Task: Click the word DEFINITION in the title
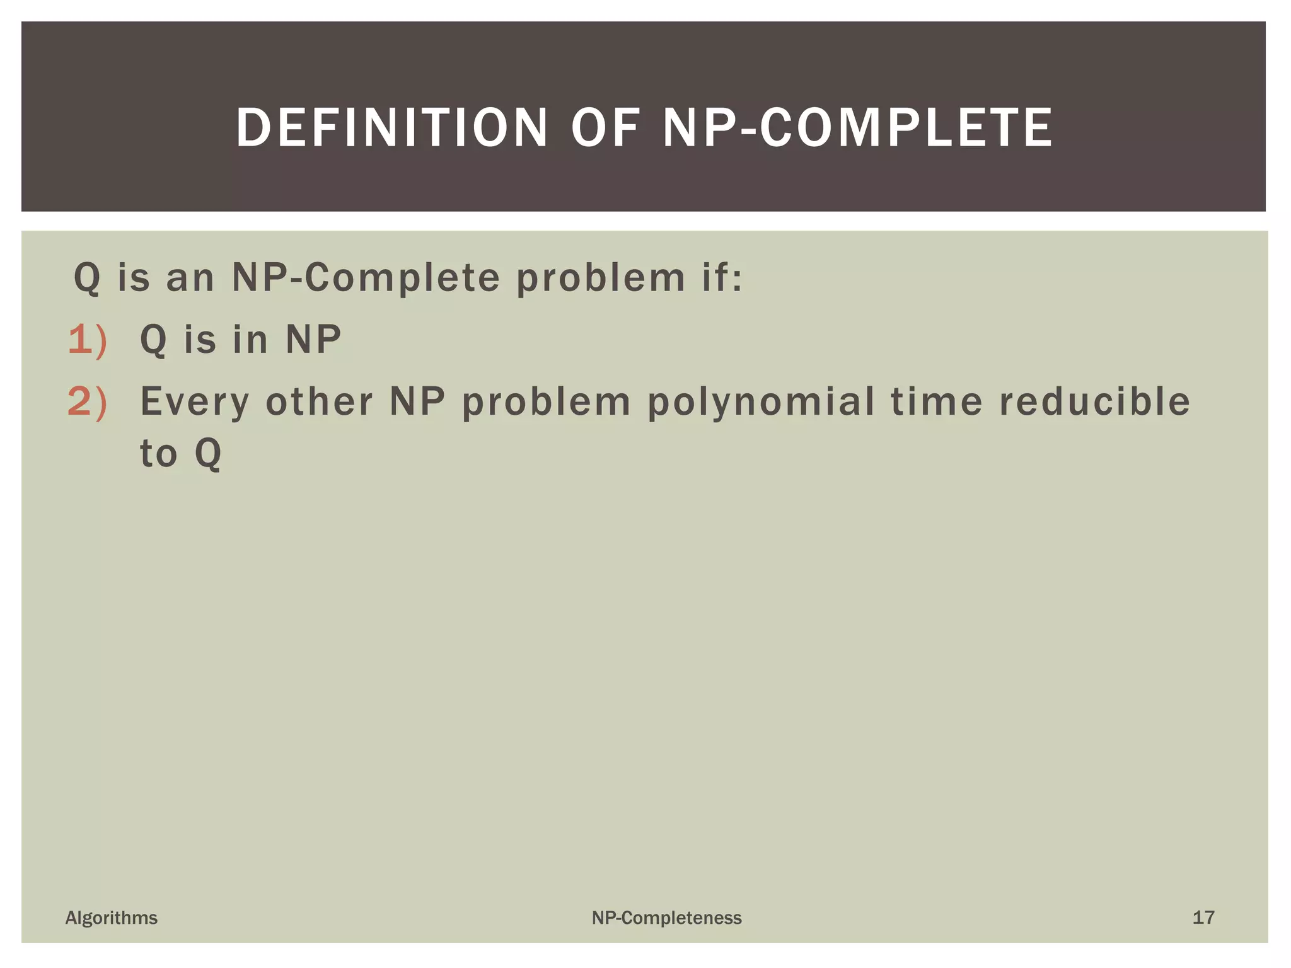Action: pos(391,128)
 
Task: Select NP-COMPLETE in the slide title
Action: pos(857,128)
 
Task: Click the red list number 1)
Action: pos(87,340)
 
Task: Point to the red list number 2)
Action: pos(87,401)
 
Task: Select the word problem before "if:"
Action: pos(601,277)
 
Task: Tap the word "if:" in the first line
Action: pos(722,277)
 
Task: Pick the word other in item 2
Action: pos(319,401)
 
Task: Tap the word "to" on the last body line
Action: pos(158,453)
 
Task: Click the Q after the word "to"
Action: pos(208,453)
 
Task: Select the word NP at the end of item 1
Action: pos(313,340)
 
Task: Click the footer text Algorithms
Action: pos(112,918)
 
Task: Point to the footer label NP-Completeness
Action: pos(666,918)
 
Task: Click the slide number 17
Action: pos(1203,918)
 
